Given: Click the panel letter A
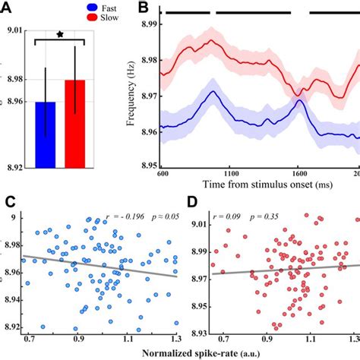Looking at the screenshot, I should click(8, 7).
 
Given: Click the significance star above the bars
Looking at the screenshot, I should click(60, 34).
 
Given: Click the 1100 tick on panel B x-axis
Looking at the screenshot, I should click(230, 174).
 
